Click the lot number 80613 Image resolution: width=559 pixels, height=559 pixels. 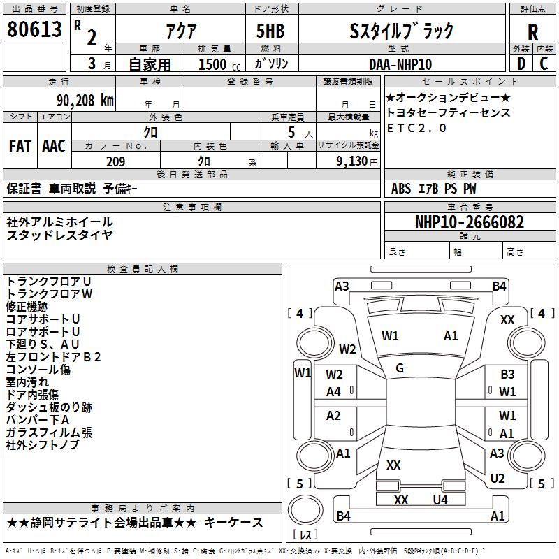coord(34,29)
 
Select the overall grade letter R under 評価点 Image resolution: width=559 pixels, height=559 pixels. coord(532,32)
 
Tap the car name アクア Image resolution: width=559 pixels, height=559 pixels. coord(181,31)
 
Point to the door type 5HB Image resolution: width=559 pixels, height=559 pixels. coord(270,31)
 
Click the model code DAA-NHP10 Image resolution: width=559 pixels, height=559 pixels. coord(400,64)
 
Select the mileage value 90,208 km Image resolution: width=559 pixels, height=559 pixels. coord(85,101)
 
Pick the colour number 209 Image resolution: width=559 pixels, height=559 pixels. coord(115,161)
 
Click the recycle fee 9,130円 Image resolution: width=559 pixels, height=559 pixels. coord(357,161)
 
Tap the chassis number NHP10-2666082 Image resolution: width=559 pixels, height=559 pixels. coord(470,222)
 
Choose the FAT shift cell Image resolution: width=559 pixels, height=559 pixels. coord(20,146)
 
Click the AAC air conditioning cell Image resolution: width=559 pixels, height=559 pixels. coord(54,146)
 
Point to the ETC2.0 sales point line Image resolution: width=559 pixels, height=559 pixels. coord(416,128)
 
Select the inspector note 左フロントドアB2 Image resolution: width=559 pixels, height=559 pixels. coord(54,357)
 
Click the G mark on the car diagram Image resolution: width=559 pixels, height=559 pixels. coord(400,368)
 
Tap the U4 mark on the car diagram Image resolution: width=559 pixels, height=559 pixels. coord(440,500)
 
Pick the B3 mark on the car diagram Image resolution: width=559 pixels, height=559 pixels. coord(507,375)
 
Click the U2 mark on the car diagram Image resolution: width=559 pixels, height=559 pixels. coord(498,479)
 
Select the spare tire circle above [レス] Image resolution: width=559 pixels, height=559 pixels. coord(305,510)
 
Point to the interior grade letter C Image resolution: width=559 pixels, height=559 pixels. coord(544,64)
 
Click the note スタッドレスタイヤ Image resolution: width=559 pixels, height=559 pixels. coord(59,235)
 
